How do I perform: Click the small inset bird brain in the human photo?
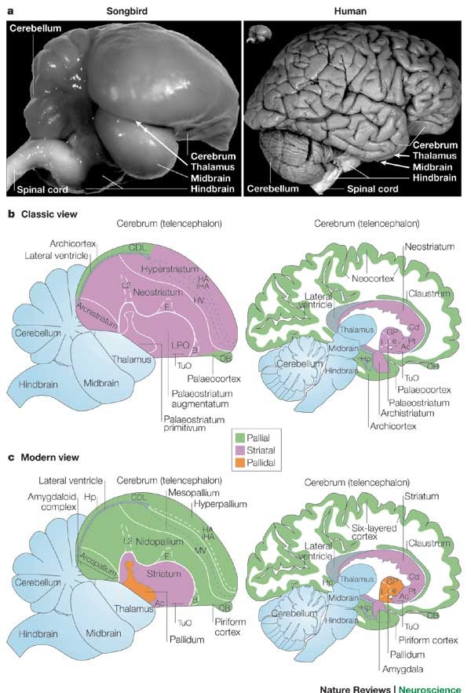click(257, 33)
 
